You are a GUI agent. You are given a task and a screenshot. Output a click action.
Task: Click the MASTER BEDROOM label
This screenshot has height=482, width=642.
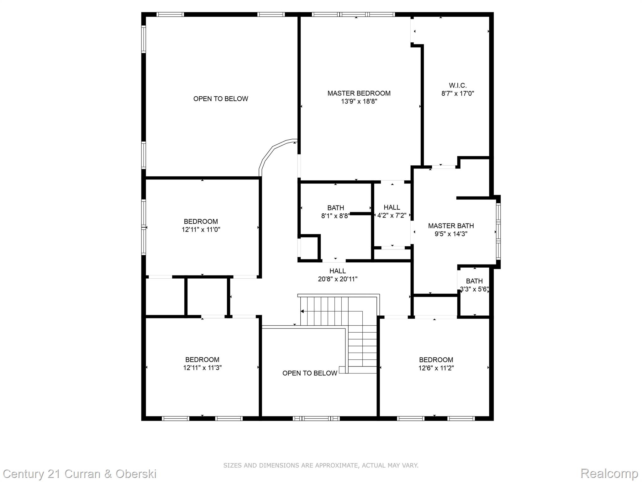click(x=359, y=93)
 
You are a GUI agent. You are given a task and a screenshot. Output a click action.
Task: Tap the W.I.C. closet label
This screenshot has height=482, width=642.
click(x=458, y=85)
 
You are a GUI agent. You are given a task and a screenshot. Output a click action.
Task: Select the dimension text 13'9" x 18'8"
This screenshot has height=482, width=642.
click(x=359, y=101)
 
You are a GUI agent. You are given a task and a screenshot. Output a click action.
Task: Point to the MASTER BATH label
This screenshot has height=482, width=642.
click(x=451, y=226)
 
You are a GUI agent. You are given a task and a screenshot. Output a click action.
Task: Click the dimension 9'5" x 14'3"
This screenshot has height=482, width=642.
click(x=451, y=234)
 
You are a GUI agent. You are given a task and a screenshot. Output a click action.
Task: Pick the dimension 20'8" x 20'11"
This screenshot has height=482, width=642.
click(x=338, y=279)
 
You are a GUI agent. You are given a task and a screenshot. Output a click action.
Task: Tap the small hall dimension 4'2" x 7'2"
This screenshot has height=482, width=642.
click(x=392, y=216)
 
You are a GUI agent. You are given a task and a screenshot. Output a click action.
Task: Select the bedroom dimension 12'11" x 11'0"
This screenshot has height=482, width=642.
click(x=201, y=229)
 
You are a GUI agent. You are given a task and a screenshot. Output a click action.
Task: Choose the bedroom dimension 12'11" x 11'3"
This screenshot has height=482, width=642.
click(x=202, y=368)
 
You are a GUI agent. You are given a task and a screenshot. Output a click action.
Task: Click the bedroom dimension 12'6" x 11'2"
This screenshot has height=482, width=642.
click(x=436, y=368)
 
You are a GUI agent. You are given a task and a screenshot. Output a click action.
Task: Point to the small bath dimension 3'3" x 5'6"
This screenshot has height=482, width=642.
click(x=474, y=289)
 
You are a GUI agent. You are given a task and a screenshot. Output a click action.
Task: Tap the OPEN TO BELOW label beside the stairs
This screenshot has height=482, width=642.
click(x=310, y=373)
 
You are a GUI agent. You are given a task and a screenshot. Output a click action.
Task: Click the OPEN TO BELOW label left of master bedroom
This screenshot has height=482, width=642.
click(x=221, y=99)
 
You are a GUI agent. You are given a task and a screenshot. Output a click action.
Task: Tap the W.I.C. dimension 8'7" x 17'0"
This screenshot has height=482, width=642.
click(x=458, y=94)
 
